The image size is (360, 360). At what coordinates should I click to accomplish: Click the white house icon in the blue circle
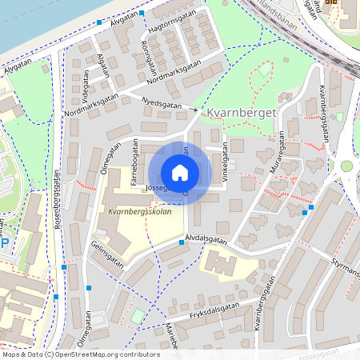tap(180, 173)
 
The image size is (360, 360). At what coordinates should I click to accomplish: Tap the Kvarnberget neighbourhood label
tap(241, 114)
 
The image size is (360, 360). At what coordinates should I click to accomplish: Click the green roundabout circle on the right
tap(346, 166)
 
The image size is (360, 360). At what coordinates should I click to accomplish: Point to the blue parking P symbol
tap(5, 243)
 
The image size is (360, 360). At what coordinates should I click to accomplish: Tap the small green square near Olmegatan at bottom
tap(138, 317)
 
